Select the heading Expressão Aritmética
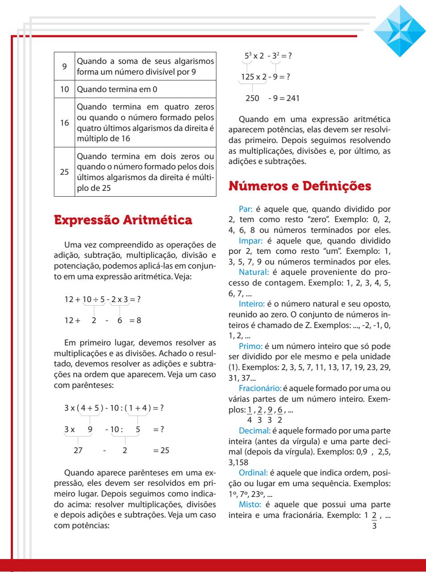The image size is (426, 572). pyautogui.click(x=123, y=220)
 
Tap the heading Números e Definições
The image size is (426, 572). pyautogui.click(x=300, y=186)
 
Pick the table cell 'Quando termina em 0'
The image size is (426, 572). pyautogui.click(x=117, y=89)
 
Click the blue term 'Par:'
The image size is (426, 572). pyautogui.click(x=246, y=209)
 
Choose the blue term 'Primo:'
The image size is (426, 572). pyautogui.click(x=251, y=345)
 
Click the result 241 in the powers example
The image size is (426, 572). pyautogui.click(x=293, y=98)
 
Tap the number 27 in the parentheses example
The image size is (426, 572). pyautogui.click(x=78, y=450)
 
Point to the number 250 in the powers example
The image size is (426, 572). pyautogui.click(x=252, y=98)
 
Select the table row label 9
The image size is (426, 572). pyautogui.click(x=65, y=66)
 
